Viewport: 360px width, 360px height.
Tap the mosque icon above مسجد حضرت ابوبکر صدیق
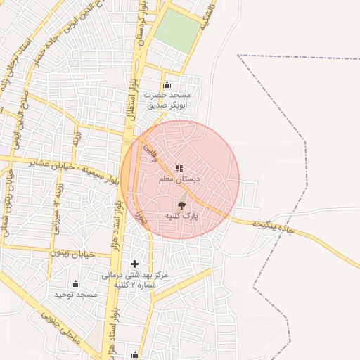tap(167, 85)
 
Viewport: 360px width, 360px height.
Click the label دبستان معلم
tap(180, 180)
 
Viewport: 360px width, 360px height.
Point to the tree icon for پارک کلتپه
tap(182, 205)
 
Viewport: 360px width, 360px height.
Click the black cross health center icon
tap(135, 264)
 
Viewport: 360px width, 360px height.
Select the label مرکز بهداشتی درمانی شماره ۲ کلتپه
tap(136, 279)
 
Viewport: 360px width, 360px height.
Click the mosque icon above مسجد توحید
tap(75, 283)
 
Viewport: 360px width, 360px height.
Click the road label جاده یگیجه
tap(271, 225)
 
